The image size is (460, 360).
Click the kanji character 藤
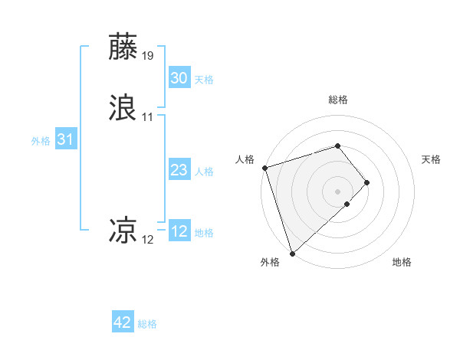tap(123, 47)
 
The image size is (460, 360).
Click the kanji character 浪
tap(123, 108)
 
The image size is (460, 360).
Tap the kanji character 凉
tap(123, 229)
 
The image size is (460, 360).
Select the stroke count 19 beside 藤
tap(148, 56)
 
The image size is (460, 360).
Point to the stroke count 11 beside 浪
tap(148, 117)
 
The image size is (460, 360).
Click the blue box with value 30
tap(179, 78)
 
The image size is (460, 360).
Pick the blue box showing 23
tap(179, 171)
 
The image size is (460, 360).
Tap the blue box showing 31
tap(65, 140)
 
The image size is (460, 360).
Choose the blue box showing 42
tap(123, 323)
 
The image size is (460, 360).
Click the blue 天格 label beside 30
tap(204, 80)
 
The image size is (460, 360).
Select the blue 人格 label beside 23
tap(204, 172)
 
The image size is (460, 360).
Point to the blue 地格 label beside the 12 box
tap(204, 233)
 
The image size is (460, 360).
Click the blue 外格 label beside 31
tap(41, 141)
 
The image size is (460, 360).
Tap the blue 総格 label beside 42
tap(147, 325)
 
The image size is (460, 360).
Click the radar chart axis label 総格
tap(337, 100)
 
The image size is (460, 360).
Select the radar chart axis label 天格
tap(432, 159)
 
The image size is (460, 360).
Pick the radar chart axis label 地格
tap(402, 263)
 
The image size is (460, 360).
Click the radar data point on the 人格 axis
tap(264, 168)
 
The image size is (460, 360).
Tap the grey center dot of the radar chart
tap(337, 191)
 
